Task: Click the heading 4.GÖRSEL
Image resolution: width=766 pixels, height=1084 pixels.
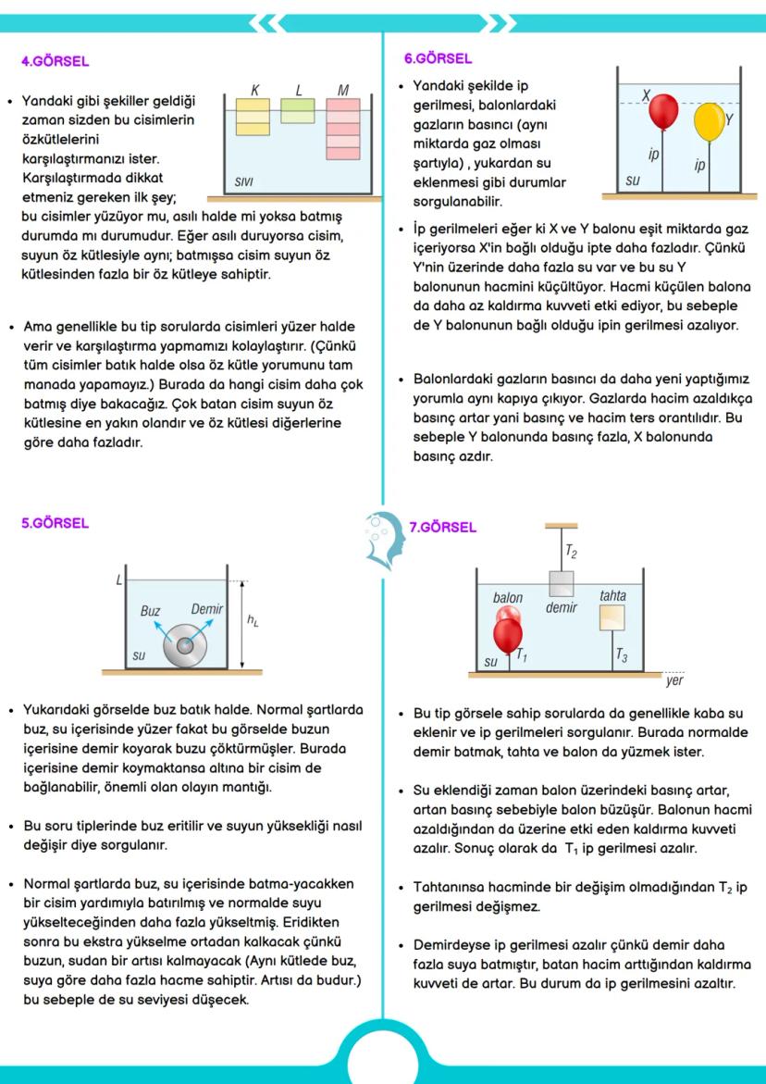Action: (55, 62)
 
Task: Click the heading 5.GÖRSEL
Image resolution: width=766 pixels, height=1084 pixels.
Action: (55, 523)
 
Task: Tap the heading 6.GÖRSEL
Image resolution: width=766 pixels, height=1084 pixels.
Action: (439, 57)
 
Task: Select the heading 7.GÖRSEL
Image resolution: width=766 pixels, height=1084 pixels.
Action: (443, 528)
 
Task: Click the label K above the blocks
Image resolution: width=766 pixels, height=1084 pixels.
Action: (254, 90)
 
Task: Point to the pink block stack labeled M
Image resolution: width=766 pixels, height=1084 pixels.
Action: (342, 130)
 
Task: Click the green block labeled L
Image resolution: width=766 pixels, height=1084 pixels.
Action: (298, 110)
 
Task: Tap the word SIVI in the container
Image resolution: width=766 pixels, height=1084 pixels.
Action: (243, 182)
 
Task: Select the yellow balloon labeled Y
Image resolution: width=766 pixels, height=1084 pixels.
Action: (709, 121)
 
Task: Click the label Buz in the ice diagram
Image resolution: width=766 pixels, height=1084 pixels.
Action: (150, 611)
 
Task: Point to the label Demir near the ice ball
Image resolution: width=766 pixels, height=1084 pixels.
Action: (206, 609)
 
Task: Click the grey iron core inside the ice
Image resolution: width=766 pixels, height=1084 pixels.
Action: (186, 645)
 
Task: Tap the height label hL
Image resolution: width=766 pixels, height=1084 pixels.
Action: (253, 622)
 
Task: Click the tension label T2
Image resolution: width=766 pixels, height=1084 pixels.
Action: (572, 554)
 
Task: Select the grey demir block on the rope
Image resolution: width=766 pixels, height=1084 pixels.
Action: (562, 584)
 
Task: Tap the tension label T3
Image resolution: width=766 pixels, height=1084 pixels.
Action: (622, 658)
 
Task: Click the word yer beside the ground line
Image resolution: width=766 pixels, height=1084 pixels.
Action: (674, 681)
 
